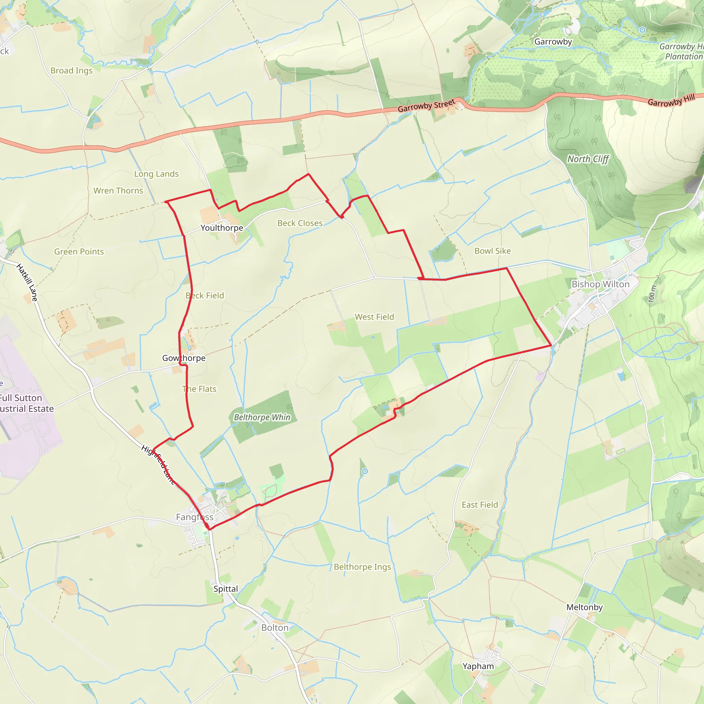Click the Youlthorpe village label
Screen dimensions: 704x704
pyautogui.click(x=222, y=228)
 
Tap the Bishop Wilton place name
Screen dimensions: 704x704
pyautogui.click(x=600, y=284)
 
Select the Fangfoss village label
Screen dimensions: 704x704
pyautogui.click(x=195, y=517)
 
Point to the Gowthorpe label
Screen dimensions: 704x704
pyautogui.click(x=184, y=358)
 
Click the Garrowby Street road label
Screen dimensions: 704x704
pyautogui.click(x=426, y=106)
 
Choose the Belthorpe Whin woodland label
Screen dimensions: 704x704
pyautogui.click(x=262, y=417)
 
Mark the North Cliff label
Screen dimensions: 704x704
pyautogui.click(x=588, y=159)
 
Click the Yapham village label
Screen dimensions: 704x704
pyautogui.click(x=478, y=666)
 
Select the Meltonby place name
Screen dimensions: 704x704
pyautogui.click(x=584, y=607)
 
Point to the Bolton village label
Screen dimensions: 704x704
pyautogui.click(x=275, y=627)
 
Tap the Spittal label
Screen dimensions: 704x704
pyautogui.click(x=225, y=588)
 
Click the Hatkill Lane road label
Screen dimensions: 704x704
pyautogui.click(x=27, y=283)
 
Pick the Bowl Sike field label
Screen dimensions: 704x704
pyautogui.click(x=492, y=251)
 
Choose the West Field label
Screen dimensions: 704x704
pyautogui.click(x=374, y=317)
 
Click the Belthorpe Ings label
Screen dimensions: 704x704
pyautogui.click(x=362, y=566)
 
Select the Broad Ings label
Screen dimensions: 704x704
pyautogui.click(x=71, y=71)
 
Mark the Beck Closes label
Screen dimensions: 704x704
pyautogui.click(x=300, y=223)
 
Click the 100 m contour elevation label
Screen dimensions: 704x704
pyautogui.click(x=652, y=294)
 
